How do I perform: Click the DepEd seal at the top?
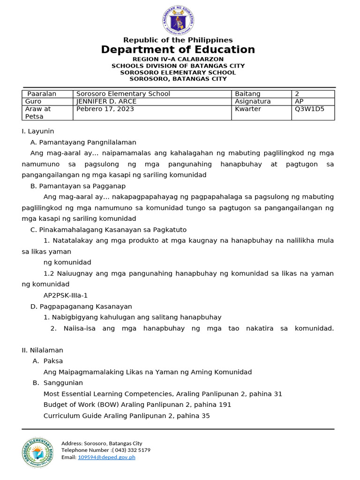click(178, 21)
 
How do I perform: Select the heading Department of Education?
click(178, 50)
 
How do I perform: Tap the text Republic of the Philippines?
click(178, 40)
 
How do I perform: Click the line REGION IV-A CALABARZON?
click(178, 59)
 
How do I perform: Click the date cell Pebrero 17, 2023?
click(105, 109)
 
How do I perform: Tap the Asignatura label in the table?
click(253, 101)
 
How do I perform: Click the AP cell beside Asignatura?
click(299, 101)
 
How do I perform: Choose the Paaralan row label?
click(42, 94)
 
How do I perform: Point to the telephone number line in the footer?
click(106, 450)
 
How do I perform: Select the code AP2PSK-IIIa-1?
click(66, 295)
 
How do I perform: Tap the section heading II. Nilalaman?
click(43, 350)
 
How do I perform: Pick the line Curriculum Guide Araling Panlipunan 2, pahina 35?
click(127, 415)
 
